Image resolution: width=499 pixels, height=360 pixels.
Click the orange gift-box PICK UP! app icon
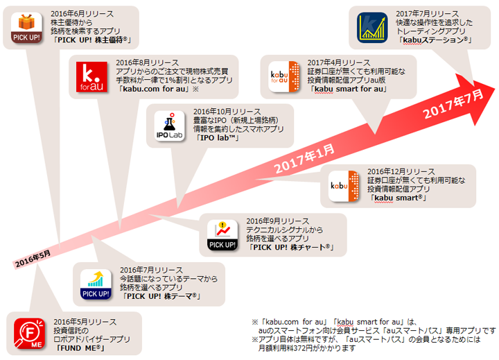26,26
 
